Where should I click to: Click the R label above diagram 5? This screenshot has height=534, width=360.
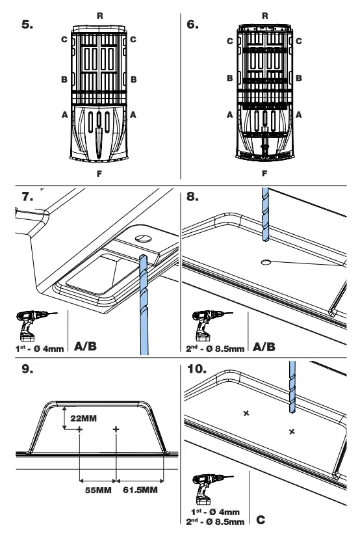[99, 13]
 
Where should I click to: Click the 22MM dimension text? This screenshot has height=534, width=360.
[81, 417]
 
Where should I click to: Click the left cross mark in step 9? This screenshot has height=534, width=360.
[79, 429]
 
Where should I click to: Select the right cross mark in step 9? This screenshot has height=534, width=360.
[116, 429]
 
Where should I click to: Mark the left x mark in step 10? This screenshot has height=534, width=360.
[246, 413]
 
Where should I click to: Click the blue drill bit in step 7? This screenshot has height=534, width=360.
[143, 299]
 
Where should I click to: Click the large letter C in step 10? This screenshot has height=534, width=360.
[261, 520]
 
